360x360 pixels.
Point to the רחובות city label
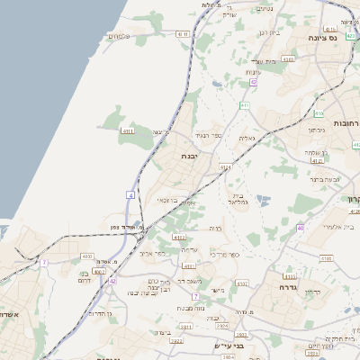(346, 122)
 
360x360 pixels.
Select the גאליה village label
(247, 138)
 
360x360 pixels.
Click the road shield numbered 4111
(127, 131)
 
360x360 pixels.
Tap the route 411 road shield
(244, 105)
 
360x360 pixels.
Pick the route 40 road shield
(301, 228)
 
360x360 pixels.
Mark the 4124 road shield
(225, 167)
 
